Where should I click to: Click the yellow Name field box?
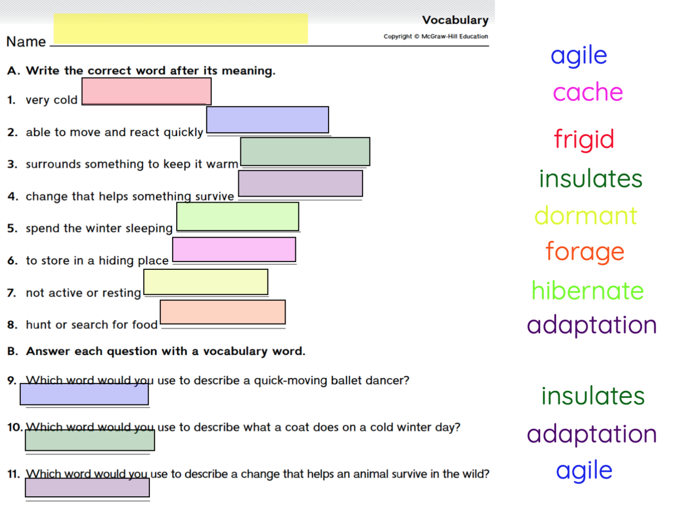tap(180, 29)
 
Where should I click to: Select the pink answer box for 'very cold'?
tap(146, 91)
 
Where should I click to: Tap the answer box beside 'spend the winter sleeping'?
tap(238, 217)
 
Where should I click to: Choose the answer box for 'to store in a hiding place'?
tap(234, 249)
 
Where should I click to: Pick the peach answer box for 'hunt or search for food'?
tap(222, 312)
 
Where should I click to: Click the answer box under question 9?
tap(84, 394)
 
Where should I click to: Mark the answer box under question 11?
tap(87, 487)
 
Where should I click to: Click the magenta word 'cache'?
tap(588, 92)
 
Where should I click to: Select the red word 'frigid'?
tap(584, 139)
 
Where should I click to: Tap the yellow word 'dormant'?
tap(586, 216)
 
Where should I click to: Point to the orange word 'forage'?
tap(585, 252)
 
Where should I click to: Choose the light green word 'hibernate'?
tap(587, 291)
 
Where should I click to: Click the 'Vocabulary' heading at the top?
tap(455, 20)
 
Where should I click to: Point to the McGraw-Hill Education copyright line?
tap(435, 36)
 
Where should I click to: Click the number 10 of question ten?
tap(14, 427)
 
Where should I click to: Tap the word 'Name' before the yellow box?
tap(26, 41)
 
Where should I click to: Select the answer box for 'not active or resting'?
tap(206, 282)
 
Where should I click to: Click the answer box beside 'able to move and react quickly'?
tap(267, 120)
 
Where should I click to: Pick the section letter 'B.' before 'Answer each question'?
tap(13, 351)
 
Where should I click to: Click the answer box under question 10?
tap(90, 440)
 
